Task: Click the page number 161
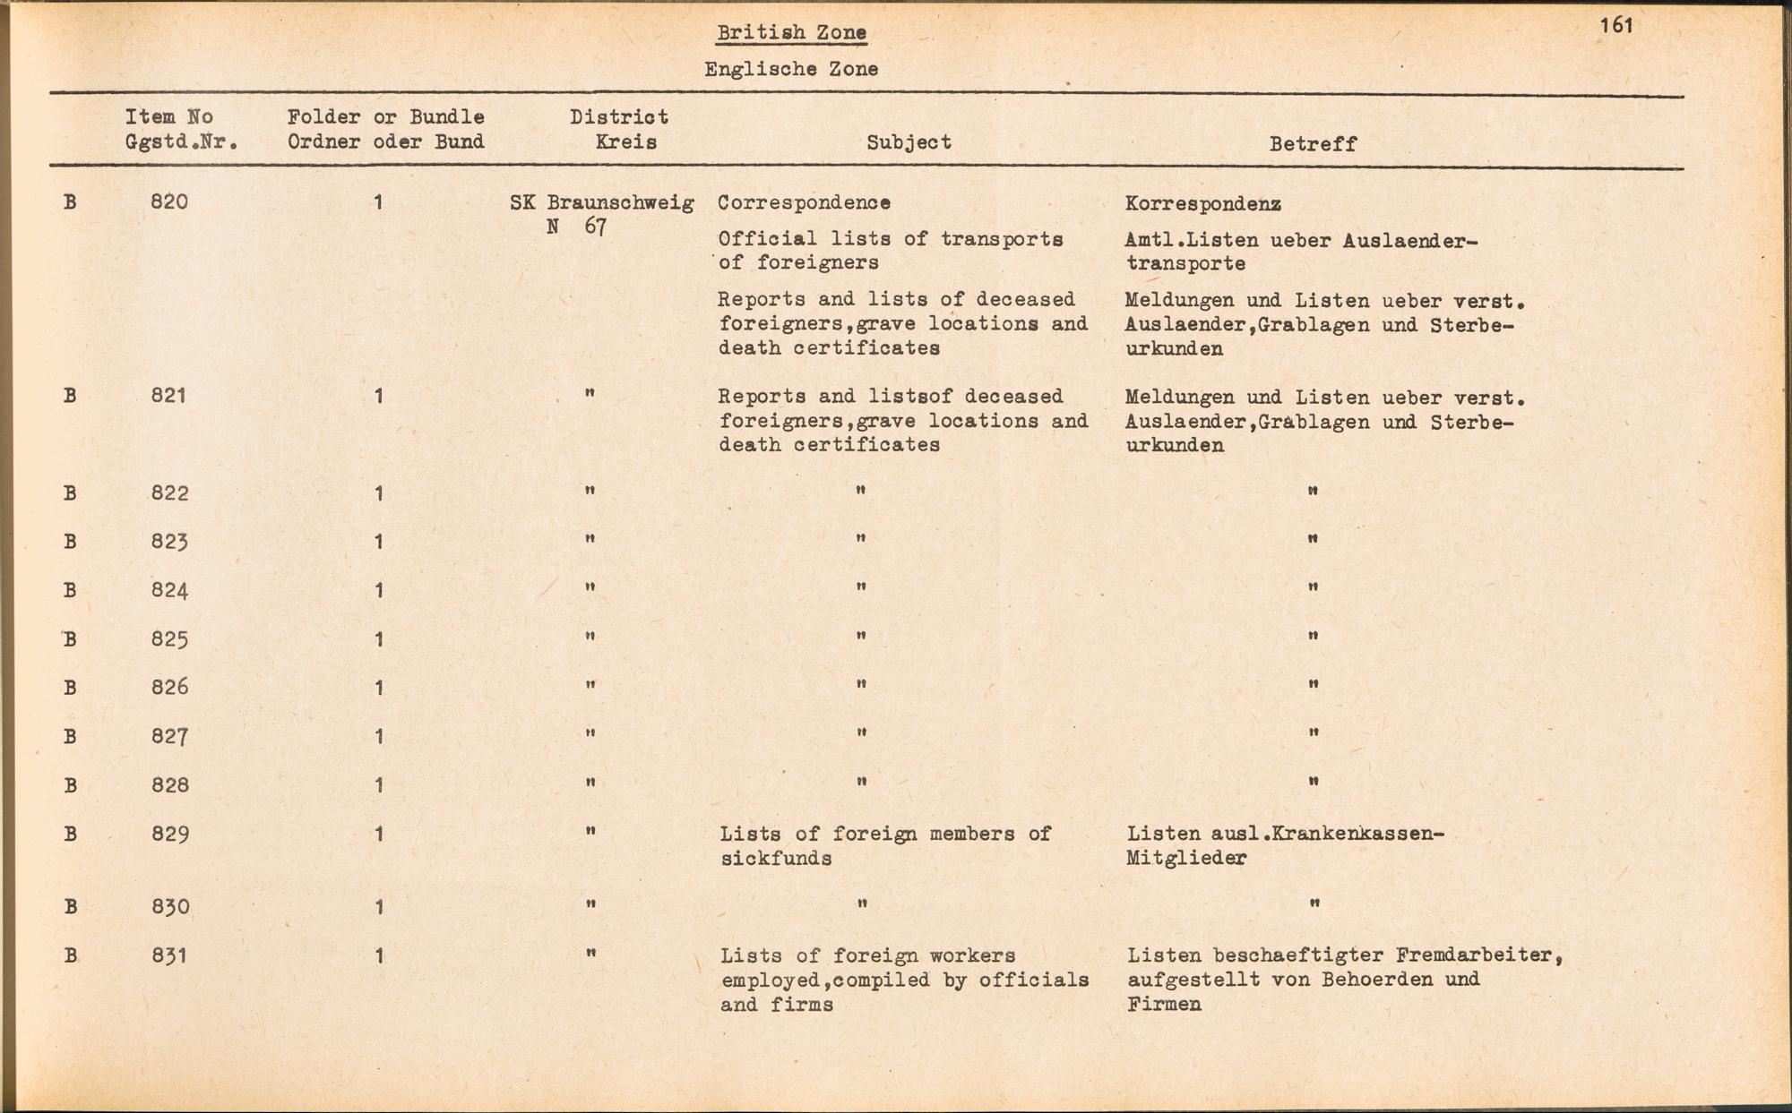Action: [x=1616, y=25]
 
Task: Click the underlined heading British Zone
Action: [x=791, y=33]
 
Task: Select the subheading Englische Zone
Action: [x=791, y=69]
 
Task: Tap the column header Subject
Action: [x=909, y=142]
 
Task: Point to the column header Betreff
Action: [x=1313, y=144]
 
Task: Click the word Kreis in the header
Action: [x=625, y=142]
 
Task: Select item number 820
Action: [x=169, y=202]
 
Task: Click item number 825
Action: [x=169, y=639]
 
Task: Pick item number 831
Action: [x=169, y=956]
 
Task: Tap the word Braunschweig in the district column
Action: [x=620, y=203]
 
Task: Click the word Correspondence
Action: [x=804, y=203]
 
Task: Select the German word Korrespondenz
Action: [x=1202, y=204]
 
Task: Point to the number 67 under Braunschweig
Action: [x=595, y=227]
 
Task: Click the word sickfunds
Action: [x=776, y=859]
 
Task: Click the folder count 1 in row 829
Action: [x=379, y=835]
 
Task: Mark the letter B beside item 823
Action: [x=70, y=542]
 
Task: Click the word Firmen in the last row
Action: [x=1164, y=1005]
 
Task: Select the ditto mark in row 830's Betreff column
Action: [x=1314, y=904]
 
